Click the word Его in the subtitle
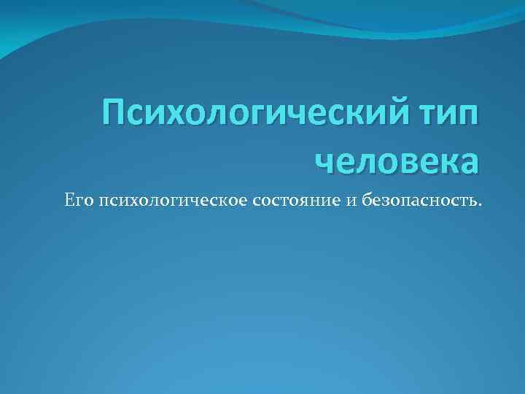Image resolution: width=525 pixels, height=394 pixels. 75,200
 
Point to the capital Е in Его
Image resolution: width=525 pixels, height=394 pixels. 68,199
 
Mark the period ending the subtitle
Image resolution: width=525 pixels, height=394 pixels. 479,204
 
